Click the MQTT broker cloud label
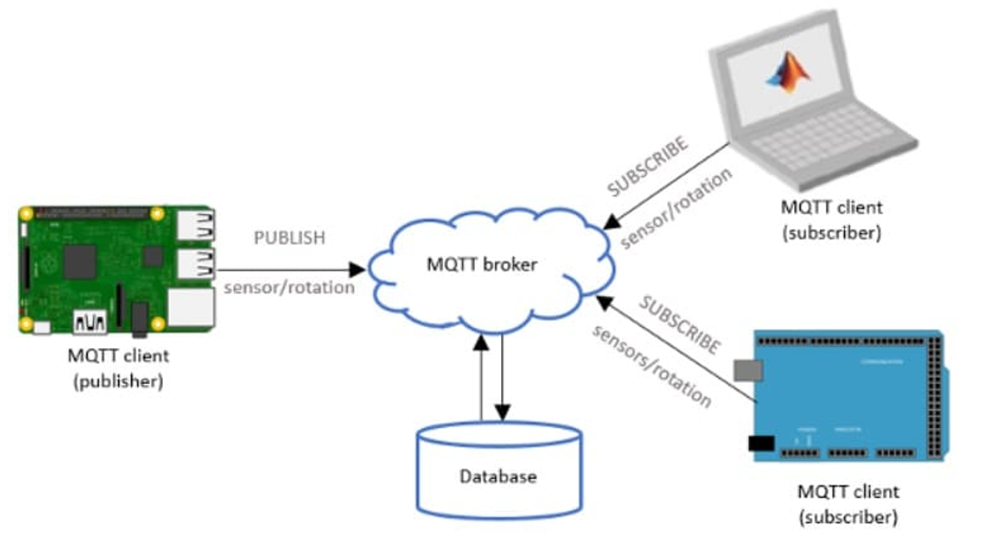point(481,265)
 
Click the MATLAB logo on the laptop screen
point(787,73)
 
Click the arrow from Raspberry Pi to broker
point(287,269)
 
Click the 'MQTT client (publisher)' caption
point(118,368)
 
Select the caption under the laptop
point(831,219)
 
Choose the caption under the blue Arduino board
point(848,504)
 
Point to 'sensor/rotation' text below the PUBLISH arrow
point(289,288)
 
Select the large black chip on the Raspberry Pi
point(80,258)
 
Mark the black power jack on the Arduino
point(760,443)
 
